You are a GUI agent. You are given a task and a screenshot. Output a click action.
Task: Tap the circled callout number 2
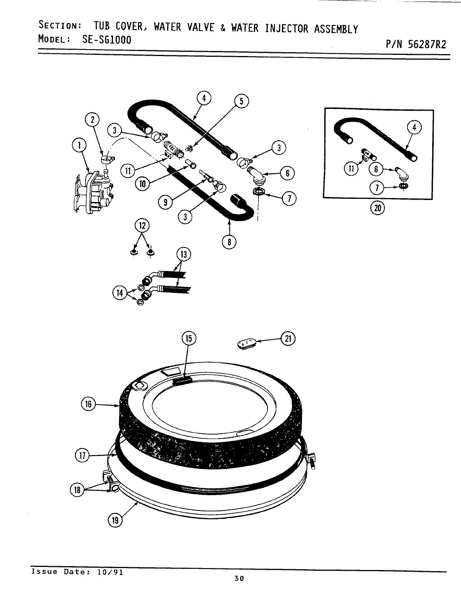click(x=92, y=119)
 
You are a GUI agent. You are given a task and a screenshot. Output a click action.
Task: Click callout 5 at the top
click(x=241, y=101)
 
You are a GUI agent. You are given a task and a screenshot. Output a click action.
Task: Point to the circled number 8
click(x=229, y=242)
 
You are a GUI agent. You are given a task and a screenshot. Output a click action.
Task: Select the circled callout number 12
click(x=142, y=225)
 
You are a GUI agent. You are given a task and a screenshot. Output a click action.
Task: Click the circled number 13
click(x=184, y=254)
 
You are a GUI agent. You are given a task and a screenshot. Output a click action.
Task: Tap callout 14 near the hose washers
click(x=120, y=293)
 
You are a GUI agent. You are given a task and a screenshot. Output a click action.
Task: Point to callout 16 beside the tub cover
click(x=88, y=404)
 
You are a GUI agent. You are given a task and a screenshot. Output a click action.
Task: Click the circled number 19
click(x=116, y=520)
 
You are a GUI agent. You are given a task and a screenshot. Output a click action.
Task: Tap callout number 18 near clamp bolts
click(x=77, y=489)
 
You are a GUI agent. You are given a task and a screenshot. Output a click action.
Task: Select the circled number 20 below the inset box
click(x=377, y=208)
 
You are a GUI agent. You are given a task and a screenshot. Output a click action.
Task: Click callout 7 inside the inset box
click(x=377, y=188)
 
